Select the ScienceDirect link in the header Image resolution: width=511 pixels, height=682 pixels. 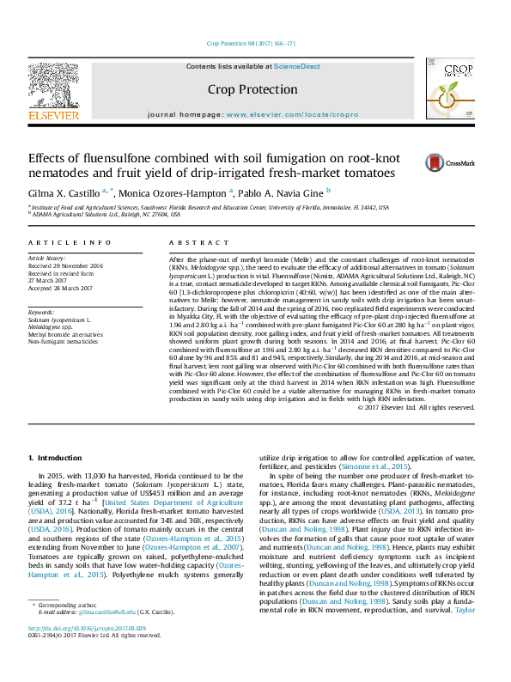coord(296,66)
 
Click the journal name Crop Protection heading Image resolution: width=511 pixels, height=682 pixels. coord(252,89)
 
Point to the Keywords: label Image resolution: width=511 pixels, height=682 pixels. coord(41,312)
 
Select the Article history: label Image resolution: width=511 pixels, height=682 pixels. coord(48,258)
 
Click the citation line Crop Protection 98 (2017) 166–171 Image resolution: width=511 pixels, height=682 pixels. coord(252,43)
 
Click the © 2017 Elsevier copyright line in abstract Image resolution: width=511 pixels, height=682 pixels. coord(427,406)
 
